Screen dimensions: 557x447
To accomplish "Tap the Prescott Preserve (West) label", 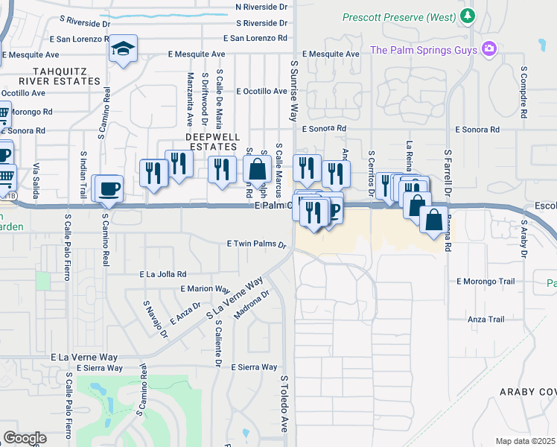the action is point(398,16).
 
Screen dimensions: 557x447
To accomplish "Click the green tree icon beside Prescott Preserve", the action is point(467,16).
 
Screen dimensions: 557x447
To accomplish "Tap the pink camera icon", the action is point(489,50).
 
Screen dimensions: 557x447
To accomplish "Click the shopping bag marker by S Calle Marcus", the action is point(257,168).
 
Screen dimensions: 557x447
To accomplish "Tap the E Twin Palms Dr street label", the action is point(257,244).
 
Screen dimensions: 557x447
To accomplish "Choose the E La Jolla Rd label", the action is point(163,274).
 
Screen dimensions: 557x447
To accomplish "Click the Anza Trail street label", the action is point(486,320).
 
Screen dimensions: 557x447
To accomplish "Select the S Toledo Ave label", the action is point(284,404).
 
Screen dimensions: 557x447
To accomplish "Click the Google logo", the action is point(25,438).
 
